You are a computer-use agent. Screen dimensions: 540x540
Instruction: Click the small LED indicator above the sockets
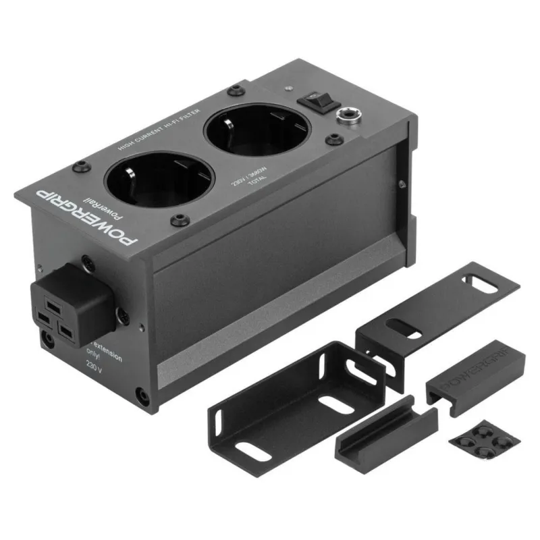[288, 88]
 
